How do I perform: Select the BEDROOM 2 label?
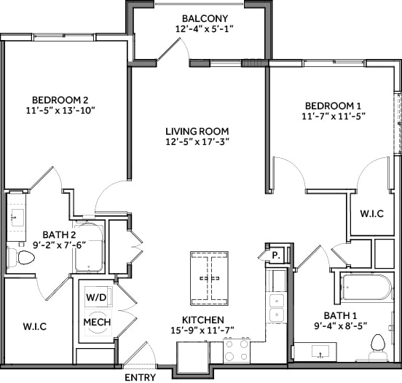tap(60, 100)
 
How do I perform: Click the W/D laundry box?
tap(95, 298)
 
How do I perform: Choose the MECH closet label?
tap(96, 322)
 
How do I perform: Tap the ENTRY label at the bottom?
tap(140, 377)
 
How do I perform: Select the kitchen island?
tap(209, 278)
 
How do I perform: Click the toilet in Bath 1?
tap(377, 343)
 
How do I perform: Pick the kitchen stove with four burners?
tap(237, 350)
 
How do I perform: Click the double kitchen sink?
tap(277, 307)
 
